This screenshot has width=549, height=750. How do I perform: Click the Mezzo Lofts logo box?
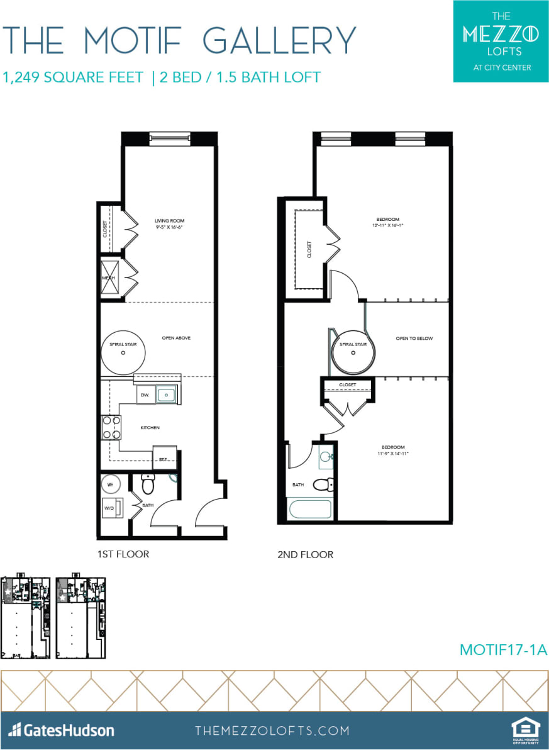tap(501, 41)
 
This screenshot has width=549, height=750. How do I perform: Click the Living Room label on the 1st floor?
tap(170, 221)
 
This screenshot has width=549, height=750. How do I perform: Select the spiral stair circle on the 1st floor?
tap(123, 353)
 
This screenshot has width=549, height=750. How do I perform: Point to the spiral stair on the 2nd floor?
tap(353, 352)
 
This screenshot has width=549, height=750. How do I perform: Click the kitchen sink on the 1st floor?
tap(167, 395)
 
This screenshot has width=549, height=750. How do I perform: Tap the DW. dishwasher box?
tap(144, 395)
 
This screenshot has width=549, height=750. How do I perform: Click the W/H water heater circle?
tap(111, 484)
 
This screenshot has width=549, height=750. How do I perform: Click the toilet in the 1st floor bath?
tap(148, 484)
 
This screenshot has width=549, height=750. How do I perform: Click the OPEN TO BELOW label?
tap(414, 339)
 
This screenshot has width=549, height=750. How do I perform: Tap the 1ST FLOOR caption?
tap(123, 554)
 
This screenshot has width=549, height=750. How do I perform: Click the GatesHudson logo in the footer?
tap(62, 730)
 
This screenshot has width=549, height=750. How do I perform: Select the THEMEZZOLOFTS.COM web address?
tap(272, 730)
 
